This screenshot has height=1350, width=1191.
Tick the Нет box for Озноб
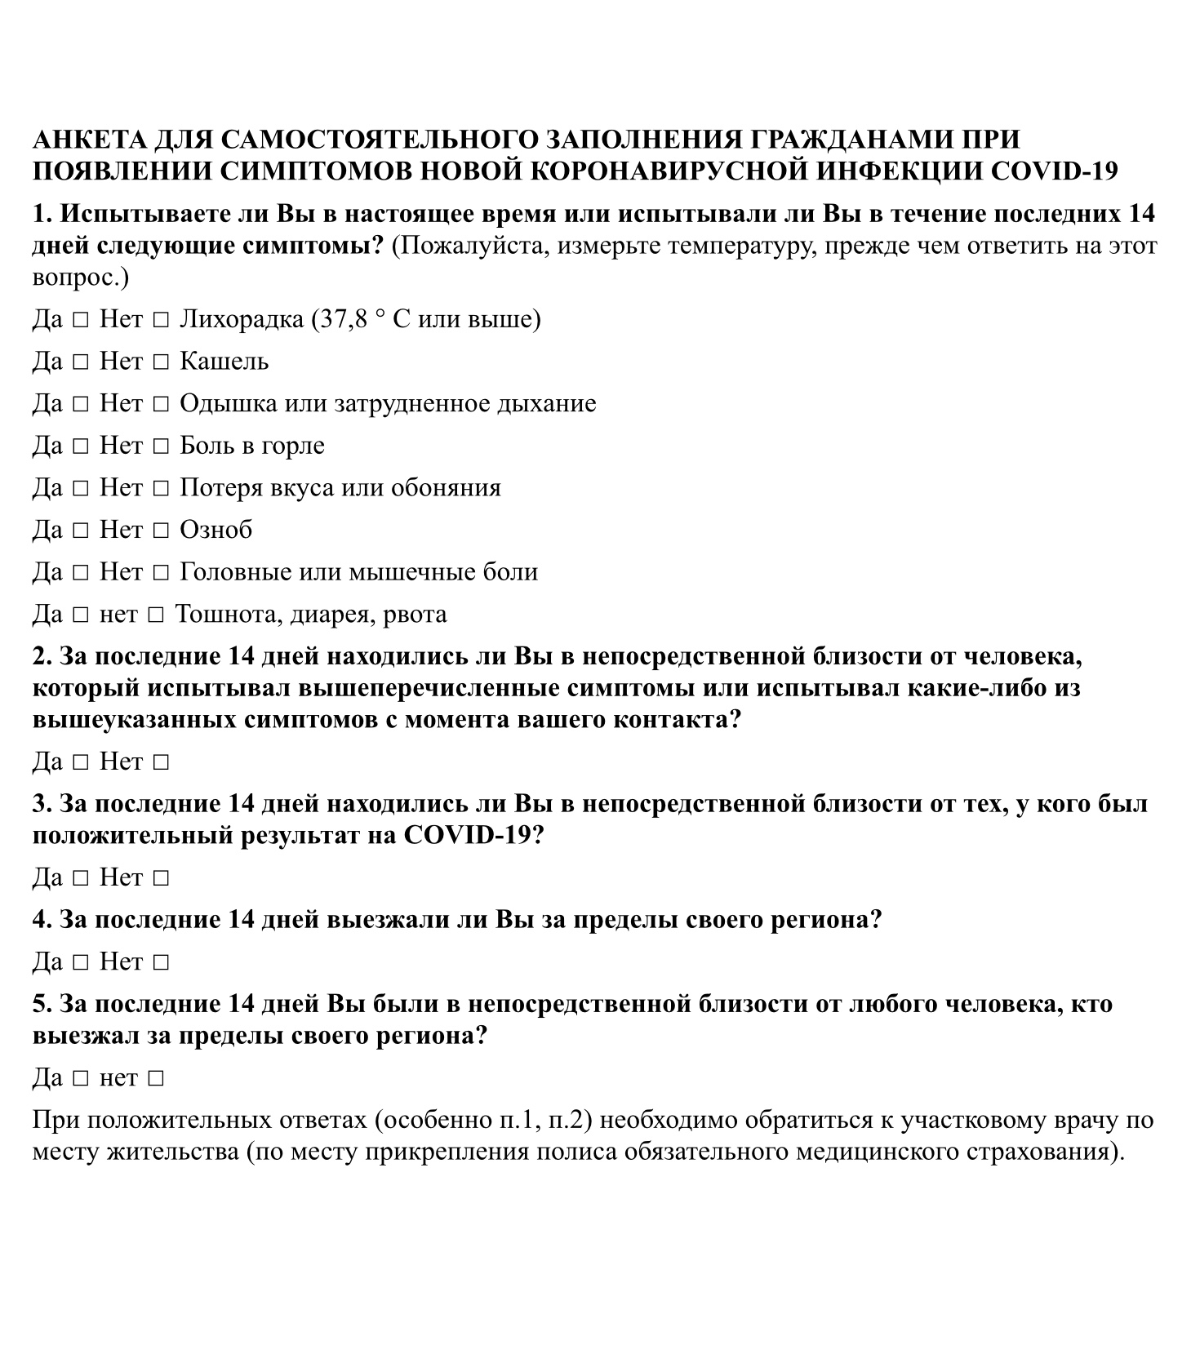tap(161, 531)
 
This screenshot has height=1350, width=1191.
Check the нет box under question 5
tap(157, 1079)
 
